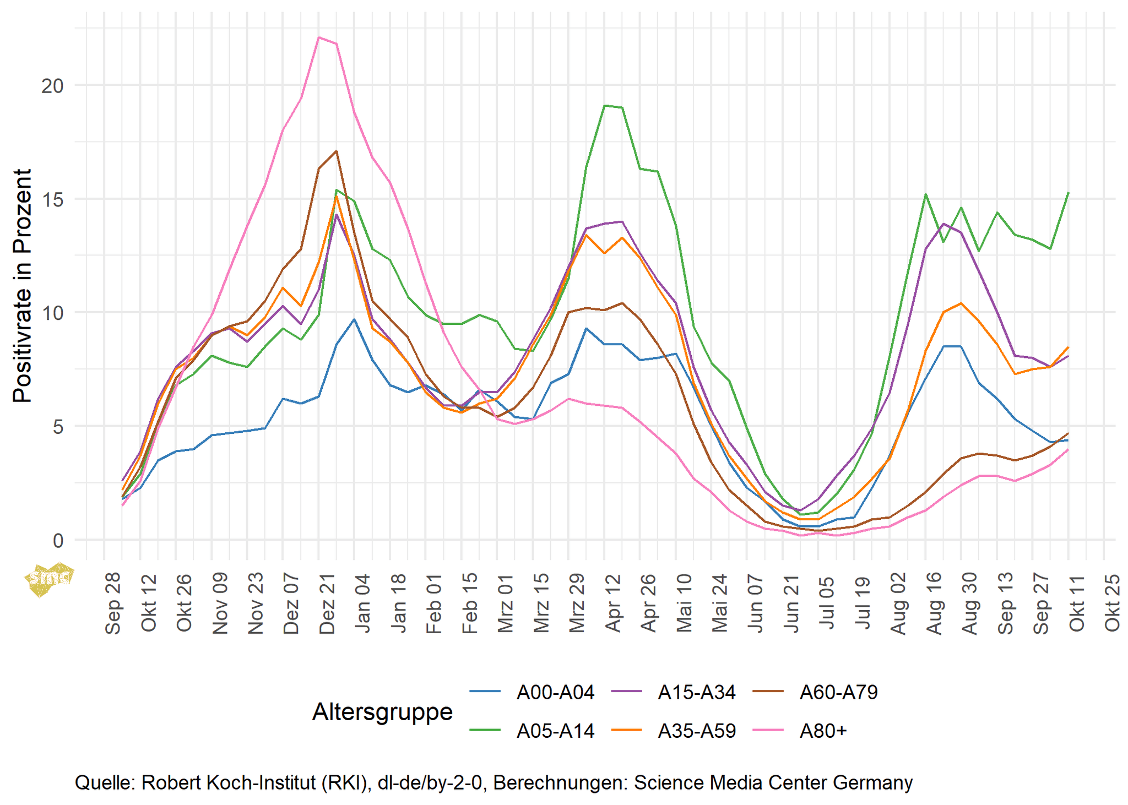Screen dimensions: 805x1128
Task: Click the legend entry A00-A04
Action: click(x=555, y=692)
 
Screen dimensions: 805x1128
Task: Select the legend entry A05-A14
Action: click(x=555, y=731)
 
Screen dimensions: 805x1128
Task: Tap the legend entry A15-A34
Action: click(x=697, y=692)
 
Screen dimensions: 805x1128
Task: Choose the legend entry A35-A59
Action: click(x=697, y=731)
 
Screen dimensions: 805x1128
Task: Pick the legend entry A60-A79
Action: click(x=838, y=692)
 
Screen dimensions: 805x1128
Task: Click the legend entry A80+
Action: click(x=823, y=731)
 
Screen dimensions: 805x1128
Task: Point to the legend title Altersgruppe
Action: click(x=382, y=712)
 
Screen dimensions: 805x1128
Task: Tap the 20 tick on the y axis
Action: click(x=53, y=86)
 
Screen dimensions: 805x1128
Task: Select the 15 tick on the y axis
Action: click(x=53, y=199)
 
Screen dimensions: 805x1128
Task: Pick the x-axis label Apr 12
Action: click(x=612, y=603)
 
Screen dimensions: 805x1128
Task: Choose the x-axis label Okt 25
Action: click(x=1112, y=603)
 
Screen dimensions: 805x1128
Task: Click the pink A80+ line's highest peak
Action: click(x=319, y=37)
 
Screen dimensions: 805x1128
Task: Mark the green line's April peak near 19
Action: click(x=605, y=105)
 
